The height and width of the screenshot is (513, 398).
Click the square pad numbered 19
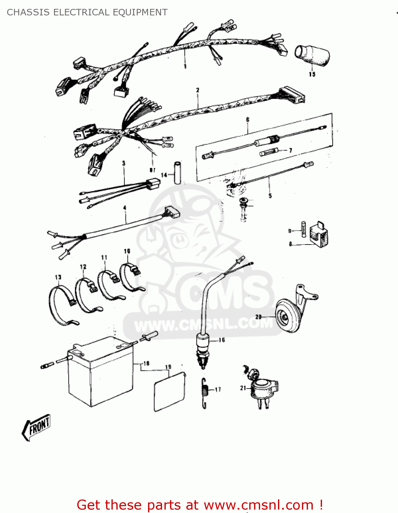click(x=170, y=392)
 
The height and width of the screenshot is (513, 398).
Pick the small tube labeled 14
click(x=177, y=173)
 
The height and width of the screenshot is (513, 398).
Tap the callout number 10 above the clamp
click(x=127, y=251)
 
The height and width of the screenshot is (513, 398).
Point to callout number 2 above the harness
click(x=198, y=90)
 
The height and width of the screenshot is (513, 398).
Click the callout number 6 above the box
click(x=248, y=120)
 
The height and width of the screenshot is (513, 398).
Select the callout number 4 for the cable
click(x=125, y=208)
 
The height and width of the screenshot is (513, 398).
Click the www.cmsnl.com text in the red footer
click(x=258, y=505)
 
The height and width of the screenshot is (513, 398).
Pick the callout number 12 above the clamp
click(x=83, y=267)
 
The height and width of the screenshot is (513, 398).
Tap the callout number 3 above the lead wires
click(x=124, y=163)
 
